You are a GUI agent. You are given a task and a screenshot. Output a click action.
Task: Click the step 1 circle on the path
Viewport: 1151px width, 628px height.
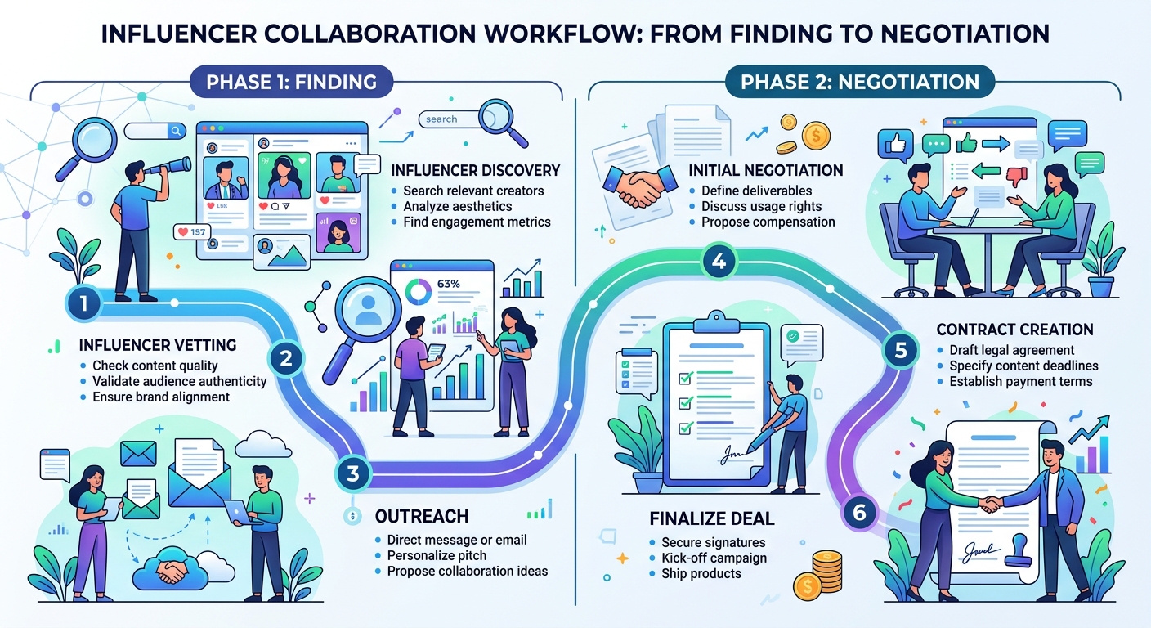tap(83, 305)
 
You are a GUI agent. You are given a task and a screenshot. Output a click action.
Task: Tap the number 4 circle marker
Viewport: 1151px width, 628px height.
tap(719, 262)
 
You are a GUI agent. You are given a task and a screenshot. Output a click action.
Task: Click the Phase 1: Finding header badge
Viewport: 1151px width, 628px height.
tap(292, 82)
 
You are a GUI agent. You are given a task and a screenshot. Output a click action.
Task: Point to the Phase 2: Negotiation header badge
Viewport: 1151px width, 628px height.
tap(859, 82)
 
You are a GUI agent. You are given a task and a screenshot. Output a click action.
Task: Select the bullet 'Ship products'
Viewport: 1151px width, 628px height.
tap(701, 573)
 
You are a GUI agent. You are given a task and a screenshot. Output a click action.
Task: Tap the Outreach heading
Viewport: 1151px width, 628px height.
tap(421, 517)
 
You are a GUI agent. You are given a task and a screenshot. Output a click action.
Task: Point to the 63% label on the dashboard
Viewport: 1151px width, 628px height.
tap(449, 284)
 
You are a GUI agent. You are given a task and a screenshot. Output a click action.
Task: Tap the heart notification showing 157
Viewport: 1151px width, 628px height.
tap(193, 233)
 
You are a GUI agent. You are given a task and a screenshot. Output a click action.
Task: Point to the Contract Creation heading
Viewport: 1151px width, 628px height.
tap(1014, 330)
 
